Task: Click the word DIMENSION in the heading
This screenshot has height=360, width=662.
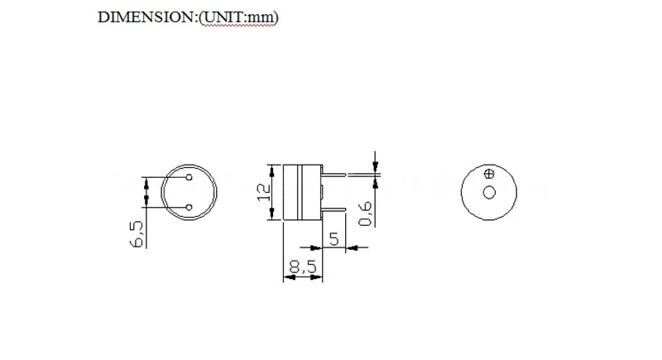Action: (144, 17)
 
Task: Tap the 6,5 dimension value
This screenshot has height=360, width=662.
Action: (137, 233)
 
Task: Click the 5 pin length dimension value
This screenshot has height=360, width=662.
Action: (334, 239)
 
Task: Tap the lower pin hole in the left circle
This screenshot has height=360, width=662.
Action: (189, 207)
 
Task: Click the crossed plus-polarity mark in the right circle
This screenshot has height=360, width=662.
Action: (488, 174)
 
